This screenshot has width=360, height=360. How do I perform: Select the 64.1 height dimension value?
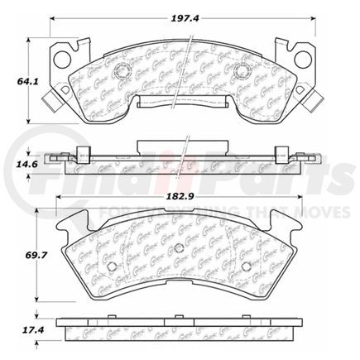click(x=16, y=83)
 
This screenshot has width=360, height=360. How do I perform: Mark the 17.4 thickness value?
click(x=16, y=330)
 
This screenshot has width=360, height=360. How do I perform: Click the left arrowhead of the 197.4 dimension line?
click(x=51, y=20)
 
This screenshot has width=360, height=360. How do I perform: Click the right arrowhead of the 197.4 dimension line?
click(x=316, y=20)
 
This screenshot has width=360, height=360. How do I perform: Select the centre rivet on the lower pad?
click(x=178, y=250)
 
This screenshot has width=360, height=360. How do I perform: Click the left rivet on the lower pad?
click(x=113, y=266)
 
